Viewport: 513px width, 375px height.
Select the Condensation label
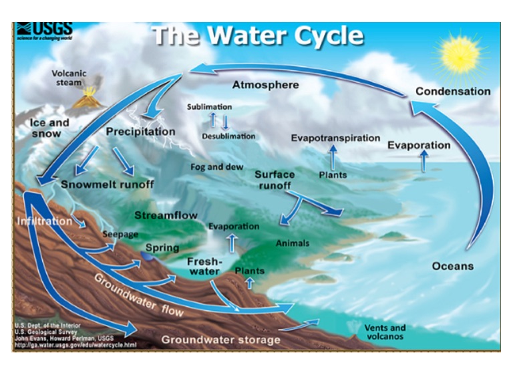point(452,92)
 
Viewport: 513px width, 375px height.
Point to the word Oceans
point(452,266)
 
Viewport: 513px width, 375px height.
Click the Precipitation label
point(140,132)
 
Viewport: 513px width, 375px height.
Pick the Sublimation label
point(209,107)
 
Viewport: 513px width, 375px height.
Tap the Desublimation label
point(228,136)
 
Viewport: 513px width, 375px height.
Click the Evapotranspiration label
point(335,138)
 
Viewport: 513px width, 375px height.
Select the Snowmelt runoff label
point(108,184)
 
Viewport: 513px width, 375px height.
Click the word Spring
point(162,248)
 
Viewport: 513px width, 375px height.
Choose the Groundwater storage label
point(221,340)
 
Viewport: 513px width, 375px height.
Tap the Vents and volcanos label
point(385,332)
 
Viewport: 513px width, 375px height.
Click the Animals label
point(292,243)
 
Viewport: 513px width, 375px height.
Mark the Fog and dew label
point(216,167)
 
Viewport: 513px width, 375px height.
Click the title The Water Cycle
point(258,36)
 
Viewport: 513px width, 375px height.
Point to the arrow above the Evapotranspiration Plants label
point(332,157)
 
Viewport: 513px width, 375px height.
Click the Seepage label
point(120,235)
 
